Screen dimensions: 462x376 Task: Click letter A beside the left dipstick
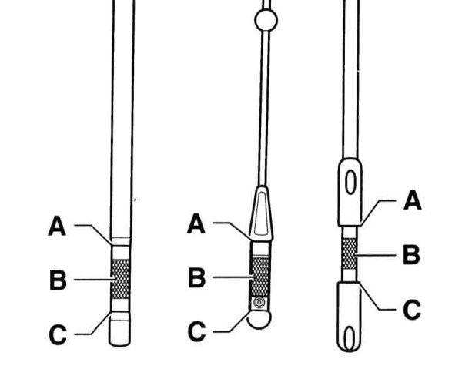(57, 226)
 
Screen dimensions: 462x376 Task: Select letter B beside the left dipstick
(58, 280)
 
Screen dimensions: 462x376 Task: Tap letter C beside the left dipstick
(58, 334)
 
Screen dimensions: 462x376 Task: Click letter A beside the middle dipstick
(196, 223)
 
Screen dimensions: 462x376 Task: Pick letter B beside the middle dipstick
(197, 277)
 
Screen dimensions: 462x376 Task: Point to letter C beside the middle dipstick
(197, 332)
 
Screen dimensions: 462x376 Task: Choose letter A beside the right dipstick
(413, 200)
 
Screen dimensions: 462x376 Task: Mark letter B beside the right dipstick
(411, 254)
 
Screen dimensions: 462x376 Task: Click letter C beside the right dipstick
(412, 310)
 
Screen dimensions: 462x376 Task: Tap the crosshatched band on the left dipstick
(120, 279)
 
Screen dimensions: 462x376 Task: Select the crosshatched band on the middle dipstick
(259, 277)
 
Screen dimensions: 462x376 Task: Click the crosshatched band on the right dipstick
(350, 253)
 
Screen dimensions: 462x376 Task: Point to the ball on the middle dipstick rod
(266, 20)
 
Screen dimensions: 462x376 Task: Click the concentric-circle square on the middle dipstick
(259, 303)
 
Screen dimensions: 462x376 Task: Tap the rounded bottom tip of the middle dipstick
(259, 320)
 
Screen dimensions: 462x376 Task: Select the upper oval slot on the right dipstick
(350, 183)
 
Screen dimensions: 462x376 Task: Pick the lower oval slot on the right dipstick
(350, 338)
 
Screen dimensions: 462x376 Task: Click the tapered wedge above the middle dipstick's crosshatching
(261, 214)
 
